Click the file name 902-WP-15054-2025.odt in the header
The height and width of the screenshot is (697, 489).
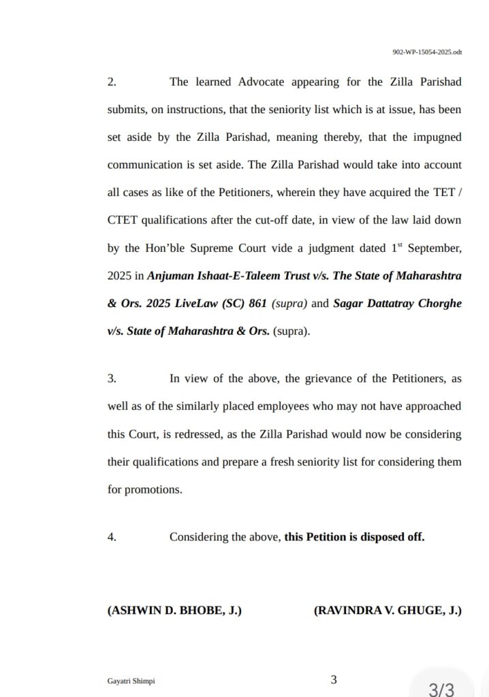pyautogui.click(x=427, y=51)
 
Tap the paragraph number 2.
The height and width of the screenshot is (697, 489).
pyautogui.click(x=112, y=82)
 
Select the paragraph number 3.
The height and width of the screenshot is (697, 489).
pyautogui.click(x=112, y=378)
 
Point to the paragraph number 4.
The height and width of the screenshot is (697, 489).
pyautogui.click(x=112, y=537)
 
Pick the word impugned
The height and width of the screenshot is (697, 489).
pyautogui.click(x=437, y=137)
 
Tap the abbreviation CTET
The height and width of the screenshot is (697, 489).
pyautogui.click(x=122, y=221)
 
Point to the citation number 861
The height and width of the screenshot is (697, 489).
pyautogui.click(x=257, y=304)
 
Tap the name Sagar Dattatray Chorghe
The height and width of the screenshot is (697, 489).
pyautogui.click(x=397, y=304)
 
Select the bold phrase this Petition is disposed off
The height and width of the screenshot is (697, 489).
pyautogui.click(x=354, y=537)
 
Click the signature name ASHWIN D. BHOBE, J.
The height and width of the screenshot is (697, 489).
pyautogui.click(x=174, y=611)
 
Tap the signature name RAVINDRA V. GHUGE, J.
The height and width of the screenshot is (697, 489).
pyautogui.click(x=388, y=611)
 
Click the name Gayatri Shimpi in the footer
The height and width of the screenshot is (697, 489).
pyautogui.click(x=126, y=681)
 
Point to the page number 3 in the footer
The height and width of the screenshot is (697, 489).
pyautogui.click(x=334, y=679)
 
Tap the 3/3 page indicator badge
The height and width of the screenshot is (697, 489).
pyautogui.click(x=441, y=687)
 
